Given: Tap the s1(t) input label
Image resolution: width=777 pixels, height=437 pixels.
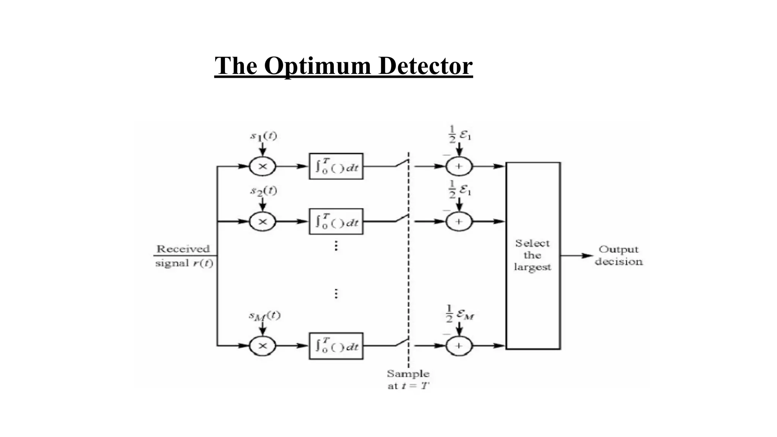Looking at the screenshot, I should pyautogui.click(x=263, y=136).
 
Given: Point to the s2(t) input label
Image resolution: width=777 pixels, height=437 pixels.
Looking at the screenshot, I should pyautogui.click(x=263, y=191).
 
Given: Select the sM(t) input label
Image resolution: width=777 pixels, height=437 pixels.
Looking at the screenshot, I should pyautogui.click(x=264, y=316).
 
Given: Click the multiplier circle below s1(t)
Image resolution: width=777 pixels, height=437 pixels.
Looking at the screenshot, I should pyautogui.click(x=263, y=166).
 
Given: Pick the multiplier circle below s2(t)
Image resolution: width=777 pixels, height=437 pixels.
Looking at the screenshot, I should pyautogui.click(x=263, y=222).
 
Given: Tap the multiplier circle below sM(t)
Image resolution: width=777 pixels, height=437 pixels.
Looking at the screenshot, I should pyautogui.click(x=263, y=346).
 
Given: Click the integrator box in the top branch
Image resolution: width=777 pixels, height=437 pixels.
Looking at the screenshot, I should pyautogui.click(x=336, y=166).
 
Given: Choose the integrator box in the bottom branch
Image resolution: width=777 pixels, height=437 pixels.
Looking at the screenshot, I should pyautogui.click(x=336, y=346).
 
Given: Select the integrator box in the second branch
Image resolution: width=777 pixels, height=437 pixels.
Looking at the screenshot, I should pyautogui.click(x=336, y=222).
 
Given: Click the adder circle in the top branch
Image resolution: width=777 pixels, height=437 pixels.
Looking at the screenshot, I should pyautogui.click(x=459, y=166).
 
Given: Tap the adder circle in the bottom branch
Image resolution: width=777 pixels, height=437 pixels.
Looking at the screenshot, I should pyautogui.click(x=459, y=346).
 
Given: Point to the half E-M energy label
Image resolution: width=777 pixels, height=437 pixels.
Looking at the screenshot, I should pyautogui.click(x=460, y=314).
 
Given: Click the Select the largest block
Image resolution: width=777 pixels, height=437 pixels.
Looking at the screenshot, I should pyautogui.click(x=533, y=255).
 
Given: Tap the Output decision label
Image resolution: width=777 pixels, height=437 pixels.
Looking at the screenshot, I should pyautogui.click(x=618, y=255).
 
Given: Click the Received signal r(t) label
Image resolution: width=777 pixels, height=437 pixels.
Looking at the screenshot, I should pyautogui.click(x=184, y=256).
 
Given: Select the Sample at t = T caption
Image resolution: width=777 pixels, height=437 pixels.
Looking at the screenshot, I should pyautogui.click(x=408, y=379).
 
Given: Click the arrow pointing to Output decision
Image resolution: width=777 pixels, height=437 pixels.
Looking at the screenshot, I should pyautogui.click(x=577, y=256).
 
